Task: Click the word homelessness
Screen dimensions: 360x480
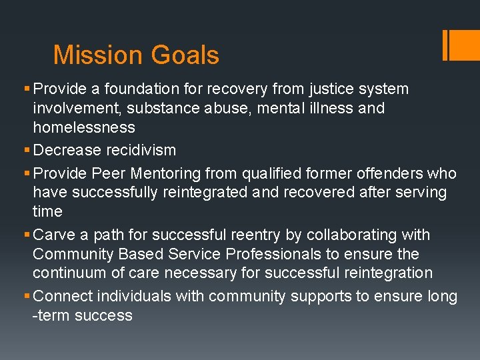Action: pyautogui.click(x=84, y=127)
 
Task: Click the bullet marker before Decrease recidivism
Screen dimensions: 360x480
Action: pyautogui.click(x=27, y=150)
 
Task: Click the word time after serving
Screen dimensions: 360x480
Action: pyautogui.click(x=47, y=211)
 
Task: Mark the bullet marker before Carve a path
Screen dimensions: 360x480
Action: pyautogui.click(x=27, y=235)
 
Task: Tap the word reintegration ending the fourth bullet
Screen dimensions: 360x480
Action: pyautogui.click(x=388, y=273)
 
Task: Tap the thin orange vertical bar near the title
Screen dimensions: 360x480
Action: pyautogui.click(x=445, y=45)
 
